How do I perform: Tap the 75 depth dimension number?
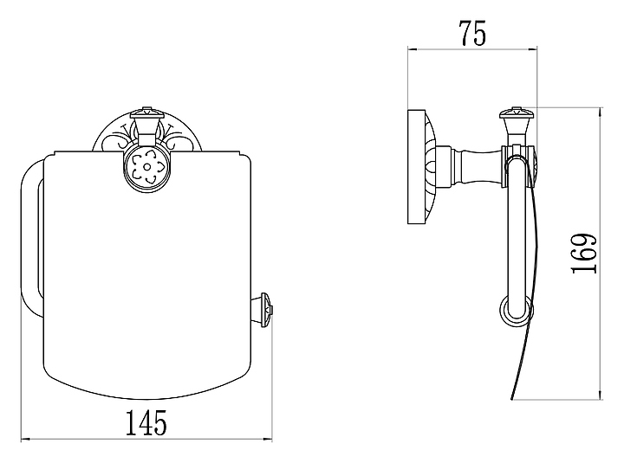(472, 33)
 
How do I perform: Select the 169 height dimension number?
(584, 254)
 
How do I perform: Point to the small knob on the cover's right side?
(266, 310)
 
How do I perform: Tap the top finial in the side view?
(517, 119)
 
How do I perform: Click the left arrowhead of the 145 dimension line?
(24, 440)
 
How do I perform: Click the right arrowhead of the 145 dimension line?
(268, 440)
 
